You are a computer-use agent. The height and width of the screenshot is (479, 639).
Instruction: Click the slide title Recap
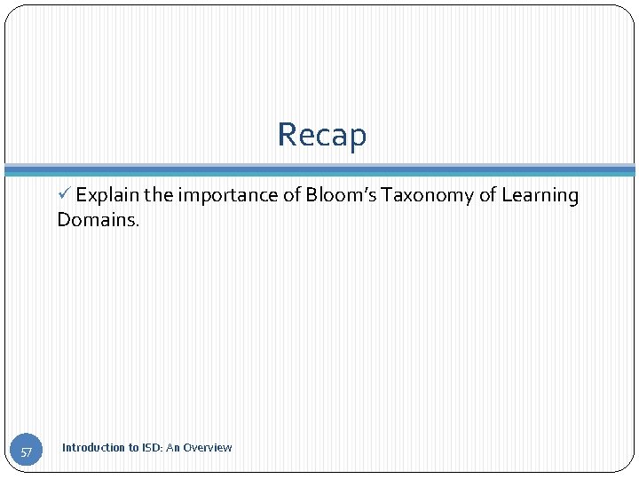tap(321, 135)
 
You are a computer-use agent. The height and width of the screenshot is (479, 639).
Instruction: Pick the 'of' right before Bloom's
tap(292, 196)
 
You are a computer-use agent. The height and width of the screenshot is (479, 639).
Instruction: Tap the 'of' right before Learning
tap(487, 196)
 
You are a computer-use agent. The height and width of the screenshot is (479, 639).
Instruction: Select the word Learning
tap(540, 196)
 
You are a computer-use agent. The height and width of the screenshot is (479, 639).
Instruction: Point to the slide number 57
tap(27, 452)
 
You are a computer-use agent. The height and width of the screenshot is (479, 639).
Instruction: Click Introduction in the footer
tap(93, 448)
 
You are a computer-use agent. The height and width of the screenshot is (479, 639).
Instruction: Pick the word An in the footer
tap(173, 448)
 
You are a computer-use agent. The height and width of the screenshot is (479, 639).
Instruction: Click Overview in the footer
tap(208, 448)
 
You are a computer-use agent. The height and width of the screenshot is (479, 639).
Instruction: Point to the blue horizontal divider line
tap(319, 169)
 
